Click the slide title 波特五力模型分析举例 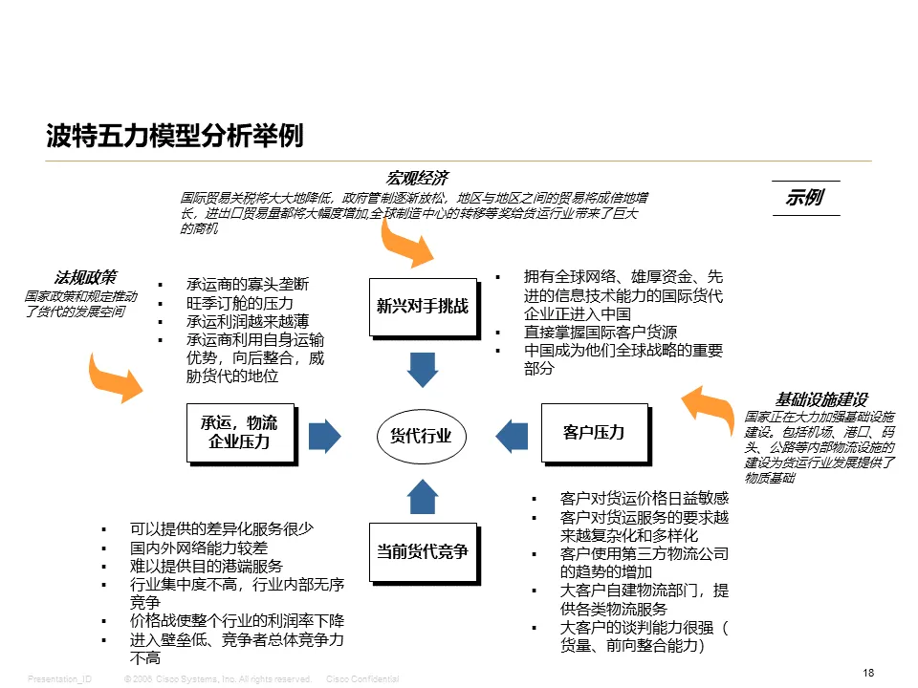[x=175, y=137]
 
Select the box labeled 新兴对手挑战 [x=422, y=307]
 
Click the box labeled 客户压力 [x=594, y=432]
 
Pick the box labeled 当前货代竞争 [x=422, y=550]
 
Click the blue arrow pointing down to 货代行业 [x=422, y=369]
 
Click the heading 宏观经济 [x=416, y=178]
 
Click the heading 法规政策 [x=85, y=277]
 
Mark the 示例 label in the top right [x=805, y=198]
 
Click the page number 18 [x=868, y=673]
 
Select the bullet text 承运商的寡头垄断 [x=247, y=285]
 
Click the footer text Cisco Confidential [x=362, y=678]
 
